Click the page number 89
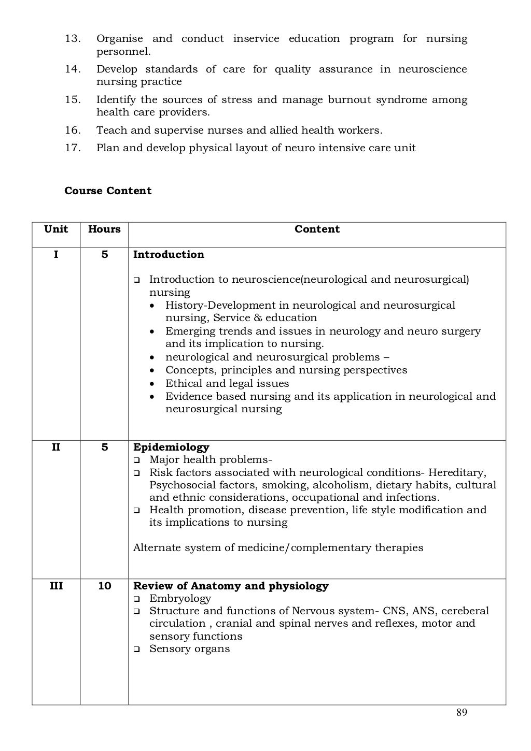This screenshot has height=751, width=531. click(x=462, y=713)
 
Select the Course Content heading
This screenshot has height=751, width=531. click(x=108, y=191)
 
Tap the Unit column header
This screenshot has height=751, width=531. click(x=56, y=229)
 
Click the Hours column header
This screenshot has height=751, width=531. click(x=104, y=229)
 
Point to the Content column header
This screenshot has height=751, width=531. click(x=317, y=229)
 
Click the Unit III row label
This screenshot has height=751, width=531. click(x=56, y=586)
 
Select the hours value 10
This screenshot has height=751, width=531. click(x=104, y=586)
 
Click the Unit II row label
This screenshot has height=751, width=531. click(x=56, y=447)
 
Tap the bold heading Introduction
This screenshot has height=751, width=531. click(x=169, y=254)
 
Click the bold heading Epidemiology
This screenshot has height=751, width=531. click(x=171, y=447)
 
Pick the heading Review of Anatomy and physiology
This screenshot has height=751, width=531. click(x=231, y=586)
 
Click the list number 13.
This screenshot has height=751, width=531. click(x=73, y=39)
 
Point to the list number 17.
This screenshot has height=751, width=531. click(x=73, y=148)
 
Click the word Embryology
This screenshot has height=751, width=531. click(x=180, y=599)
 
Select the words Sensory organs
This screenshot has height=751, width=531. click(x=189, y=649)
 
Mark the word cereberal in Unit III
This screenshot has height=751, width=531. click(x=465, y=611)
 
